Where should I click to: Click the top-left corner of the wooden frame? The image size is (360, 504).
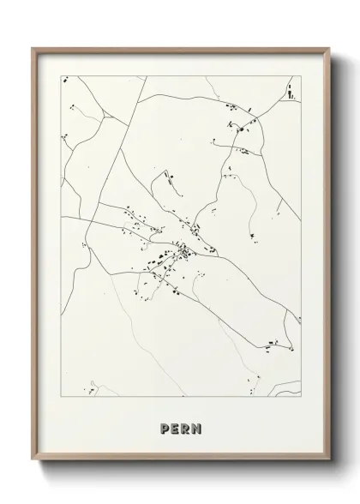pyautogui.click(x=33, y=47)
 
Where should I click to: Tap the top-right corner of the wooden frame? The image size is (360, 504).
pyautogui.click(x=327, y=47)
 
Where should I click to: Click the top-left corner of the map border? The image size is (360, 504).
pyautogui.click(x=59, y=76)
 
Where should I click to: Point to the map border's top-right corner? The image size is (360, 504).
pyautogui.click(x=301, y=76)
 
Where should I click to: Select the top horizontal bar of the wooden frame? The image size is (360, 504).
pyautogui.click(x=180, y=48)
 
